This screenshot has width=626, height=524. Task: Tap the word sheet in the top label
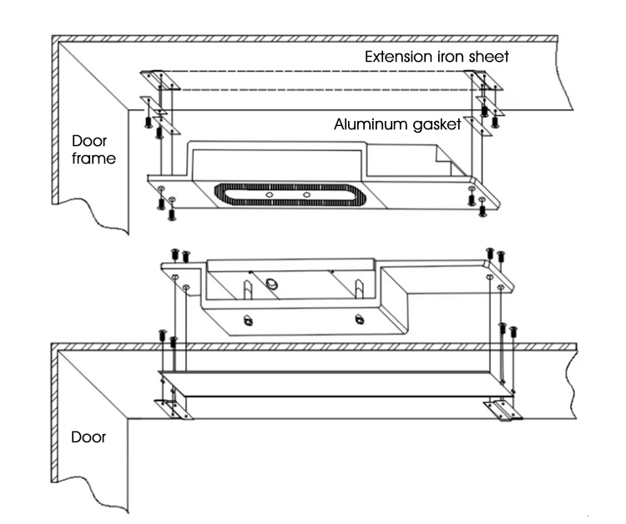pos(489,58)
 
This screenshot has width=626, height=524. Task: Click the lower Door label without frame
pos(88,436)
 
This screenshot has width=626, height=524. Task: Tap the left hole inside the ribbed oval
pos(271,194)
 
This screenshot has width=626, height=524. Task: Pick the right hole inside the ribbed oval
pos(307,194)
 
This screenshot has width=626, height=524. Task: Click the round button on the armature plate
pos(272,285)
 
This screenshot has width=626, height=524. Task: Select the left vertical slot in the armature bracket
pos(249,289)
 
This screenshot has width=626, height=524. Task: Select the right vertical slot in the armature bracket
pos(358,289)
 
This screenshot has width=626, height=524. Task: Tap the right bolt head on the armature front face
pos(359,318)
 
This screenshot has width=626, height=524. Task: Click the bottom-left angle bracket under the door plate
pos(174,409)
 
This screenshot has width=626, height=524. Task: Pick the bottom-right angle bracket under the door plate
pos(505,411)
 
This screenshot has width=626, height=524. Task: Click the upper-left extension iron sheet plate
pos(156,79)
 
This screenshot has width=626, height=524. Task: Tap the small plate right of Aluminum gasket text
pos(480,127)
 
